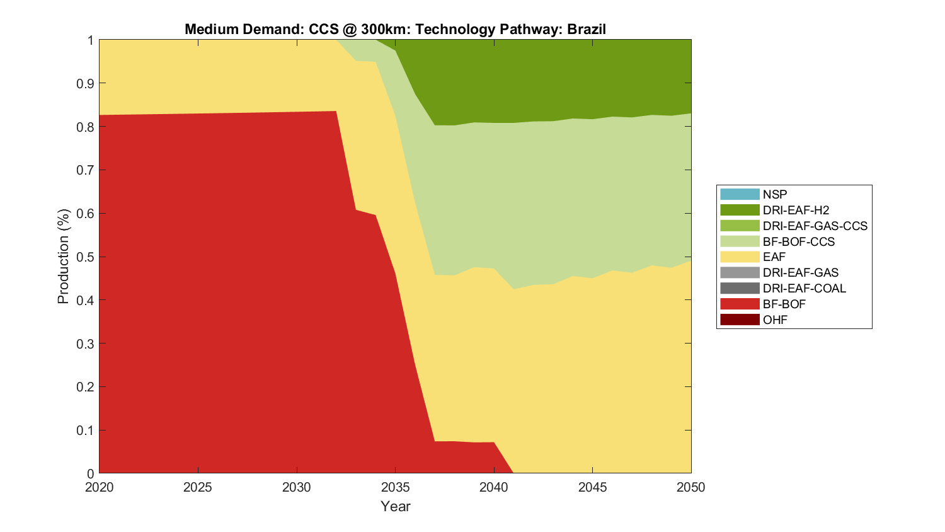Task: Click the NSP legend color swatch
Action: [x=740, y=194]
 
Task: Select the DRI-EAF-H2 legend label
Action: [x=796, y=210]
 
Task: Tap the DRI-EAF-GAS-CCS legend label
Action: [x=815, y=226]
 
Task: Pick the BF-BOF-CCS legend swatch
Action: [x=740, y=241]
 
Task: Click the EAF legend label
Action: [x=774, y=257]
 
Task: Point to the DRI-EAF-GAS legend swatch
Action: [x=740, y=273]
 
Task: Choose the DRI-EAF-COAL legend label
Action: [x=804, y=288]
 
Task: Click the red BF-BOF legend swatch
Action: [x=740, y=304]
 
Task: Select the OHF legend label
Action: [x=775, y=320]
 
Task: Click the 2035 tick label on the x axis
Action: [x=395, y=487]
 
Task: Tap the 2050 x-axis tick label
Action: [x=691, y=487]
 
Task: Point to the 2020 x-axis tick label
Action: [x=100, y=487]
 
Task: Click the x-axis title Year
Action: [x=395, y=506]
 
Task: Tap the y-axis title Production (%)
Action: [x=63, y=257]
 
